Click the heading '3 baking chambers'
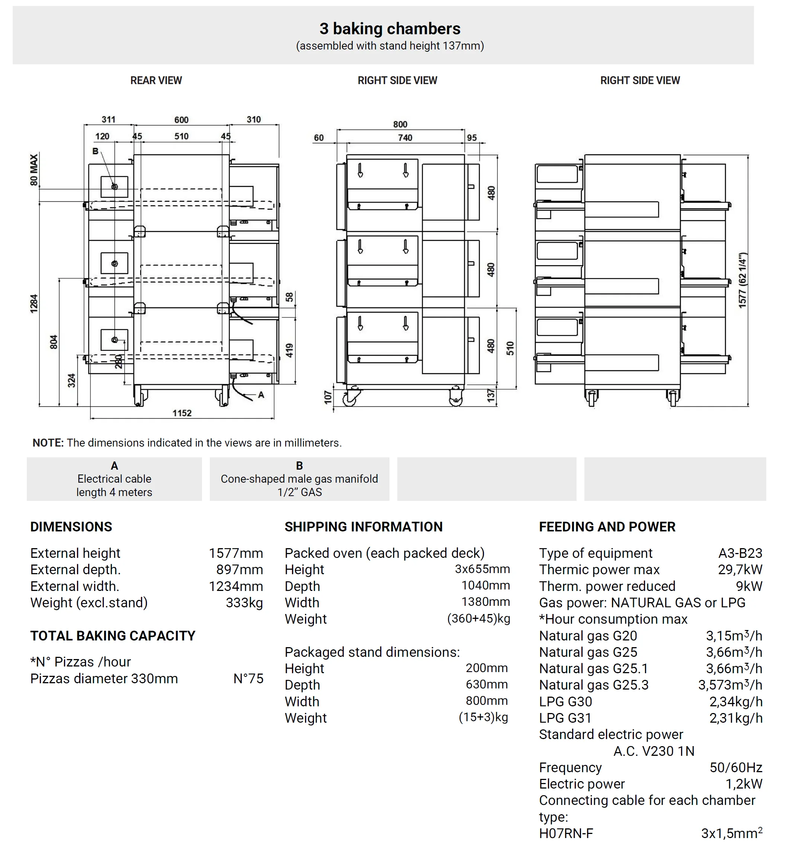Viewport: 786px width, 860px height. pyautogui.click(x=390, y=29)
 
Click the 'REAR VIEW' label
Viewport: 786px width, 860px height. pyautogui.click(x=156, y=80)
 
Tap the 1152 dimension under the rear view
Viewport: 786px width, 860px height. pyautogui.click(x=182, y=413)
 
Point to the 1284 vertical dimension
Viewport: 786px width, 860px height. pyautogui.click(x=34, y=304)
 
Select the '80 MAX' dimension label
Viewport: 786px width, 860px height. pyautogui.click(x=34, y=170)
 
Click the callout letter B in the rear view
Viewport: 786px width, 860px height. pyautogui.click(x=96, y=151)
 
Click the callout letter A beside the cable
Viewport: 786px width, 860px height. pyautogui.click(x=261, y=395)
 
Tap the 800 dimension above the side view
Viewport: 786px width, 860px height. pyautogui.click(x=400, y=124)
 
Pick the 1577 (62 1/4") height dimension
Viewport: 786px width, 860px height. pyautogui.click(x=742, y=280)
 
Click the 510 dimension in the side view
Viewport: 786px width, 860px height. pyautogui.click(x=510, y=349)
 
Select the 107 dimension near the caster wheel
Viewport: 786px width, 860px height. pyautogui.click(x=328, y=397)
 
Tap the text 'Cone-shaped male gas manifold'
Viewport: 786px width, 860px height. pyautogui.click(x=299, y=479)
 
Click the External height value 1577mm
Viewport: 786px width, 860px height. pyautogui.click(x=236, y=553)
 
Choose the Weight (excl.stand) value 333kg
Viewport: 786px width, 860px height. pyautogui.click(x=244, y=603)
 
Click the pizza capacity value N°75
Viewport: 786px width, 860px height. pyautogui.click(x=248, y=679)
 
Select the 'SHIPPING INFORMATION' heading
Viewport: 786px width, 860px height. pyautogui.click(x=364, y=527)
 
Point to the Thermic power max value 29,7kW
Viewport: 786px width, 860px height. pyautogui.click(x=740, y=569)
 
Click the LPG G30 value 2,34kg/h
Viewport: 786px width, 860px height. pyautogui.click(x=736, y=702)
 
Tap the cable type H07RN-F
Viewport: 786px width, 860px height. pyautogui.click(x=566, y=834)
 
